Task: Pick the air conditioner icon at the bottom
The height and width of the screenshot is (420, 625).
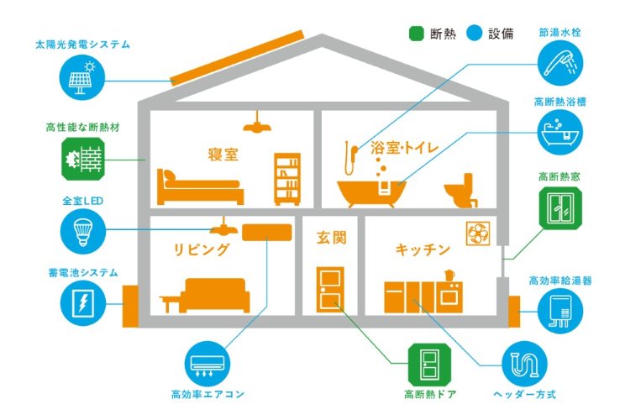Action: (x=206, y=362)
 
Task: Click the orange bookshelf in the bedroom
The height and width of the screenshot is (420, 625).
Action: (x=287, y=177)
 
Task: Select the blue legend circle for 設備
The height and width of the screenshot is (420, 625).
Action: (x=475, y=34)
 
